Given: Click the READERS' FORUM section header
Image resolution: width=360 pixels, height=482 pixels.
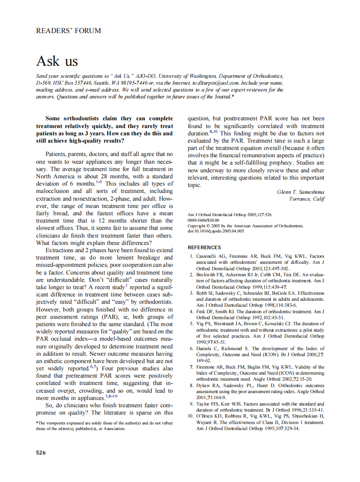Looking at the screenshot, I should point(69,31).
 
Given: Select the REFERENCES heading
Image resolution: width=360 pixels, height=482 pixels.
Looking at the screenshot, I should point(204,247).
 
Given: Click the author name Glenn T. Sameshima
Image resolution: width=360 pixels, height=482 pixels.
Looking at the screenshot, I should point(301,192).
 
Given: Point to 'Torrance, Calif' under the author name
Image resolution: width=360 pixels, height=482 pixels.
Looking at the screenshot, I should point(307,199).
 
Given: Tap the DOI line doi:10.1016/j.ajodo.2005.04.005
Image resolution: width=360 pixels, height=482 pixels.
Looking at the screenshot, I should point(216,231).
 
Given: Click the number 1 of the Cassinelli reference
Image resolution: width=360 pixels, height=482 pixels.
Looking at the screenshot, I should point(192,256).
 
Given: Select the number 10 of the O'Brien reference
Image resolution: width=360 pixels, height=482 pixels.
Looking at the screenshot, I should point(191,416).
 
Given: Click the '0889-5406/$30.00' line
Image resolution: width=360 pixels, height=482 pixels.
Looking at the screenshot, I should point(204,220).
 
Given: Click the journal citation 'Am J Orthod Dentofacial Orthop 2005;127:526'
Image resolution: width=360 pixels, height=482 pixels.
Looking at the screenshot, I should point(229,214).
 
